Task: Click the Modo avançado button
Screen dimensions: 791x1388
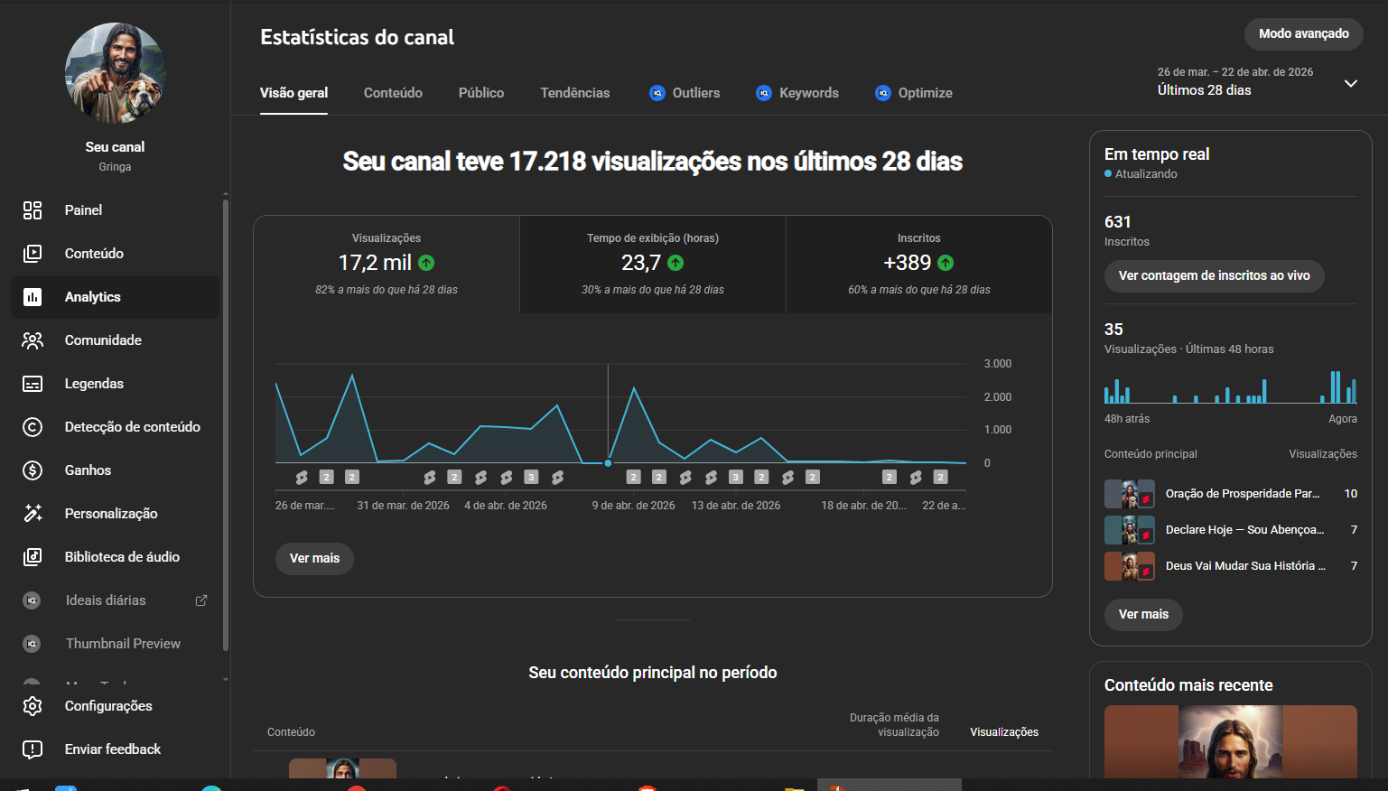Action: [1303, 33]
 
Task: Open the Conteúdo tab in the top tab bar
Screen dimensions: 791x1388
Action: [393, 93]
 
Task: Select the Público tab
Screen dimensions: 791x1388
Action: [480, 93]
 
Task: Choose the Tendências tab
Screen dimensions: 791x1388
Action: [574, 93]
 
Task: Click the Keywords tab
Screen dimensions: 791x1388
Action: [797, 93]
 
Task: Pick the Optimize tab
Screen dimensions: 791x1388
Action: [914, 93]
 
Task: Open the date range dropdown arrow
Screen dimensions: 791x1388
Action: [1350, 83]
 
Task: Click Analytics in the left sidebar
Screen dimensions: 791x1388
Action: [92, 297]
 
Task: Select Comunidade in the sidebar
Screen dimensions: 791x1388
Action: [103, 340]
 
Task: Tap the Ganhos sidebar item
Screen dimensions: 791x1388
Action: [88, 470]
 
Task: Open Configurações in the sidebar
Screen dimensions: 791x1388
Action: [107, 706]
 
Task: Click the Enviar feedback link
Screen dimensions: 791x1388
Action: [112, 749]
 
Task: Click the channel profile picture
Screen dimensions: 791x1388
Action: [115, 73]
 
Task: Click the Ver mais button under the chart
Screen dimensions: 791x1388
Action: [314, 558]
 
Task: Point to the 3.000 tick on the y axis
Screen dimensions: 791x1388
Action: [997, 364]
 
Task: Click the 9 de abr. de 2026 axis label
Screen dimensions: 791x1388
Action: [633, 506]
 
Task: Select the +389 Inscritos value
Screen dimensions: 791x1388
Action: [907, 263]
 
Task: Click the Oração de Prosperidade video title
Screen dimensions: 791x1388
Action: [1242, 494]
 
